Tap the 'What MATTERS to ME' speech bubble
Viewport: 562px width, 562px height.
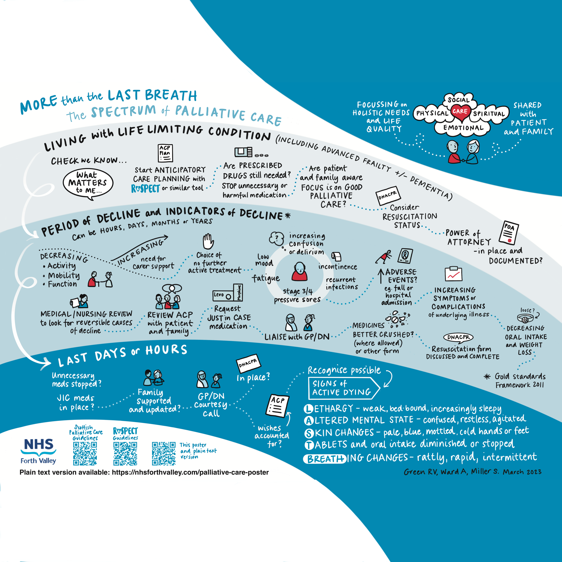point(88,183)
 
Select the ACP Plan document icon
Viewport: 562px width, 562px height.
point(165,153)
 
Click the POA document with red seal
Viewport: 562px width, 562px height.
point(509,233)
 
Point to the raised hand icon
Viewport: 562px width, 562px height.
point(208,241)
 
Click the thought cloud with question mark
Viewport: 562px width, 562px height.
point(276,238)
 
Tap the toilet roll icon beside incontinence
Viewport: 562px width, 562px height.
point(336,256)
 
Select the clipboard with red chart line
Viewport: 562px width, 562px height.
point(454,274)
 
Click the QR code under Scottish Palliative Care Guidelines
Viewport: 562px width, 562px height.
point(85,454)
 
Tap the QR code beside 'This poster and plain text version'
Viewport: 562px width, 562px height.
point(164,454)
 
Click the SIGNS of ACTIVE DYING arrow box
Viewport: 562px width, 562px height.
point(343,388)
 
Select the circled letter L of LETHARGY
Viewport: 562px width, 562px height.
point(308,409)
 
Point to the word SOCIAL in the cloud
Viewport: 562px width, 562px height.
point(459,100)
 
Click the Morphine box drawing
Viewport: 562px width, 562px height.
point(238,292)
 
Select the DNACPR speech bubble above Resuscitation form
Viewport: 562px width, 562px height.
point(458,338)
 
